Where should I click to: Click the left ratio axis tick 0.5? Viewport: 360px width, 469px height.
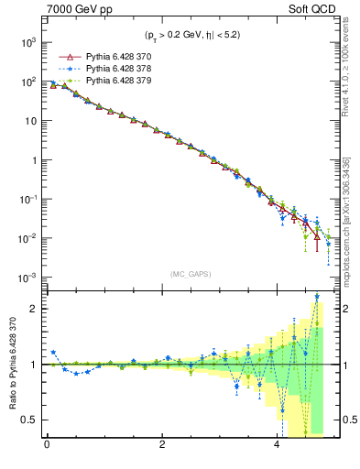pyautogui.click(x=29, y=420)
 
